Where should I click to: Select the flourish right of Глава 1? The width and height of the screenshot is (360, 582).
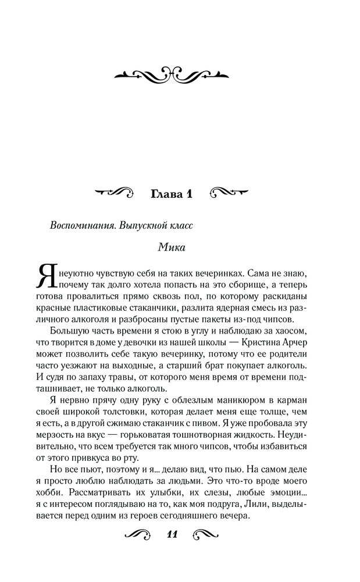tap(229, 193)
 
